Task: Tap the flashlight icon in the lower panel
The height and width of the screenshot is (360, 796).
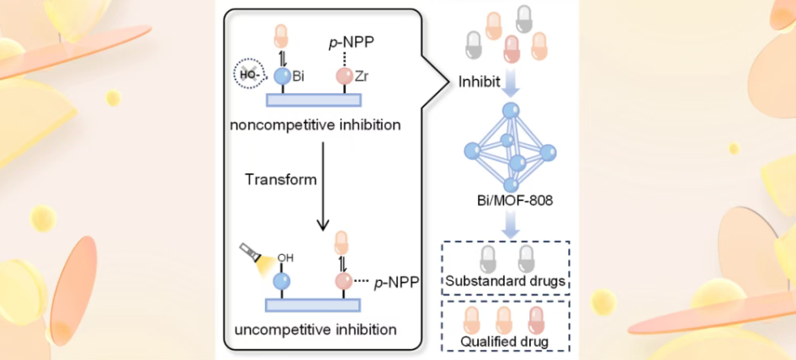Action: (x=253, y=257)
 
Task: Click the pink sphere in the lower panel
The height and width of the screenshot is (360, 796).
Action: (x=343, y=280)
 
